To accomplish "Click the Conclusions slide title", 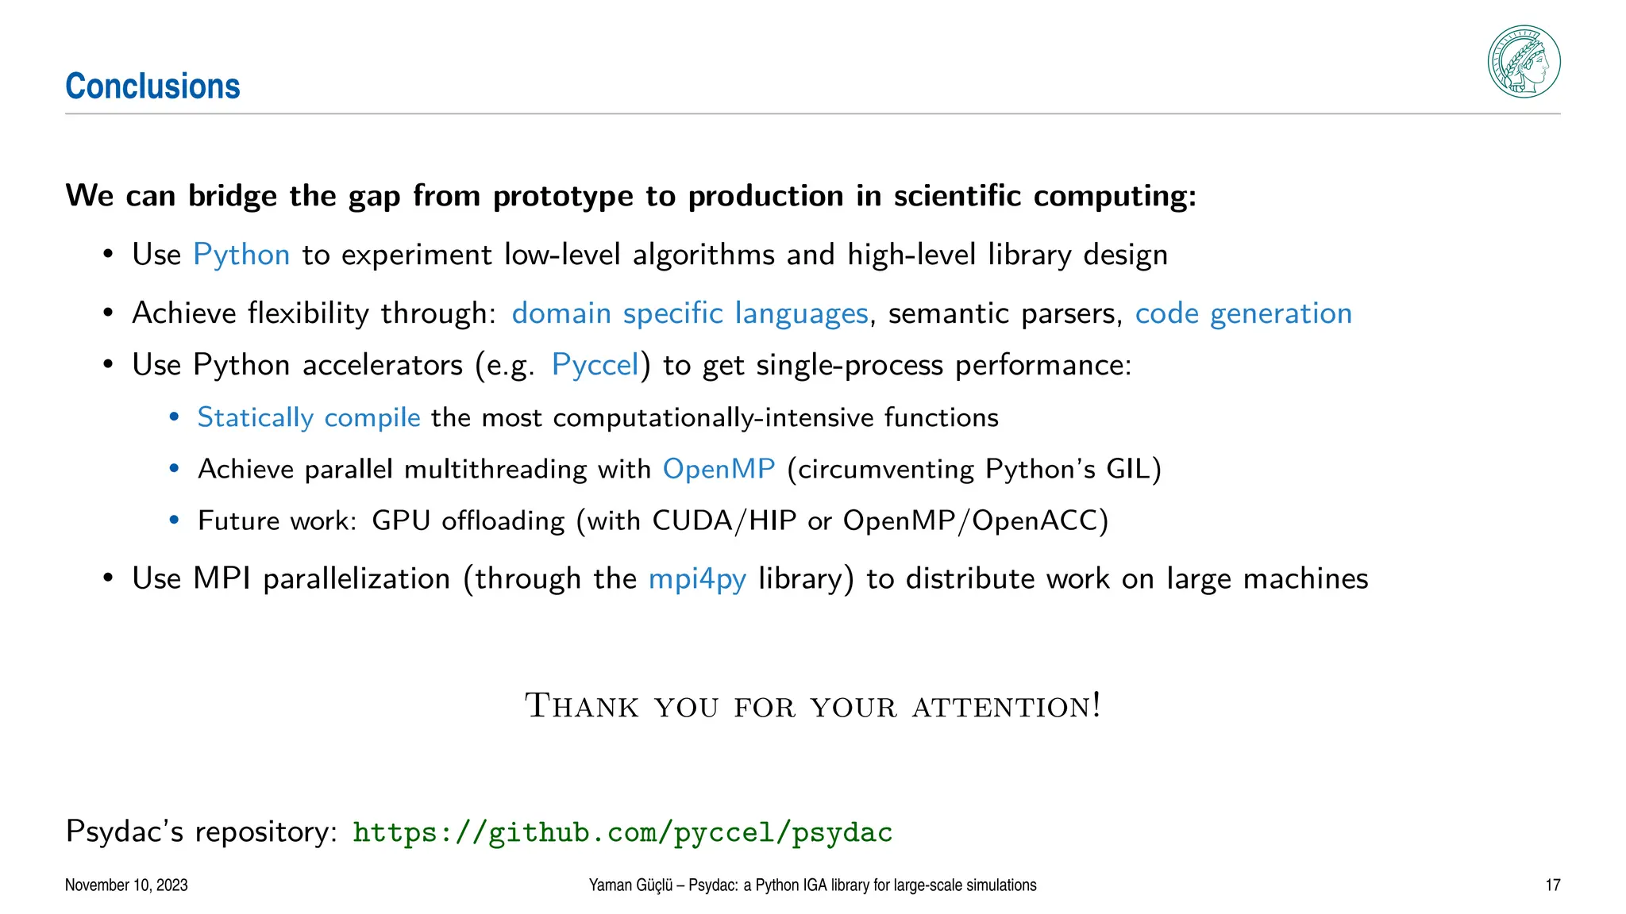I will click(x=152, y=86).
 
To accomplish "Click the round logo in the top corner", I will click(x=1523, y=62).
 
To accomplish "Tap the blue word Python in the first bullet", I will click(x=241, y=255).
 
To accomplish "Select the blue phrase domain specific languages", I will click(x=689, y=313).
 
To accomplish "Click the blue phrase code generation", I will click(x=1243, y=313).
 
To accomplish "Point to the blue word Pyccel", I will click(x=595, y=365).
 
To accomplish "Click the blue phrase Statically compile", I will click(x=309, y=417).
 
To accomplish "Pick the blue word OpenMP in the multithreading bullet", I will click(x=719, y=469).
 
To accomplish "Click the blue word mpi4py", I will click(x=697, y=578).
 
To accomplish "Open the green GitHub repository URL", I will click(x=622, y=832).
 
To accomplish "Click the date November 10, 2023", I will click(x=126, y=885).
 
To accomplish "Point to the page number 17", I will click(x=1552, y=885).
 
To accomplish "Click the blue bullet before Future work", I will click(x=175, y=520).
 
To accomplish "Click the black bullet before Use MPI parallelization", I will click(x=108, y=578).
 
